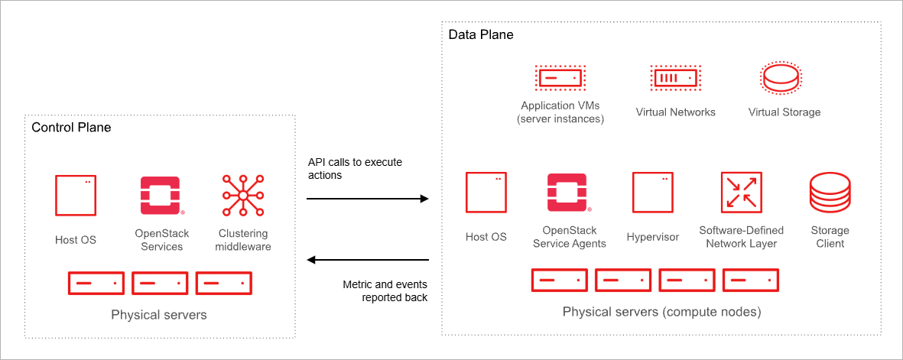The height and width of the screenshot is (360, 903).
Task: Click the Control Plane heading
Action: tap(71, 128)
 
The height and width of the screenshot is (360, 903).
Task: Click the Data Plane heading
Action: tap(481, 35)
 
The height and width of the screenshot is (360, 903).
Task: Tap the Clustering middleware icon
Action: tap(242, 196)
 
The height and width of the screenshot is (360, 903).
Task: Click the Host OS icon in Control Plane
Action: tap(76, 196)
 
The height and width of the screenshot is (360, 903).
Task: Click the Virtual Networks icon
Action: tap(675, 77)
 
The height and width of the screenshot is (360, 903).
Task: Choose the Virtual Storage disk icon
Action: tap(781, 77)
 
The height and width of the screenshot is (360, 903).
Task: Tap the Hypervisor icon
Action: tap(652, 192)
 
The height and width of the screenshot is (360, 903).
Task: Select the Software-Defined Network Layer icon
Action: tap(741, 192)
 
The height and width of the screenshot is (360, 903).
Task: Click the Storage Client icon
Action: tap(830, 192)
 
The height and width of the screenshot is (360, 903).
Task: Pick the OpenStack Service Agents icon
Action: tap(568, 192)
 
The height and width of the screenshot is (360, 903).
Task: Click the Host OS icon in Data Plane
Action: tap(486, 192)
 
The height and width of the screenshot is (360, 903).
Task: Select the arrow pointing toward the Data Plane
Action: tap(368, 199)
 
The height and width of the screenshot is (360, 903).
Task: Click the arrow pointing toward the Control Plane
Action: tap(368, 260)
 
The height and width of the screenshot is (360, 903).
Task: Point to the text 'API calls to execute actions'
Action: tap(355, 169)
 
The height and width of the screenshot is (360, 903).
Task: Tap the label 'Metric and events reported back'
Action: tap(385, 291)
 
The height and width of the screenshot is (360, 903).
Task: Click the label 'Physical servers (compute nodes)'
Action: tap(661, 312)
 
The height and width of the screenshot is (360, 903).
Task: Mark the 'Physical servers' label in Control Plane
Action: tap(158, 314)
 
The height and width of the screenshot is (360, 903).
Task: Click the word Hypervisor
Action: tap(652, 237)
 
